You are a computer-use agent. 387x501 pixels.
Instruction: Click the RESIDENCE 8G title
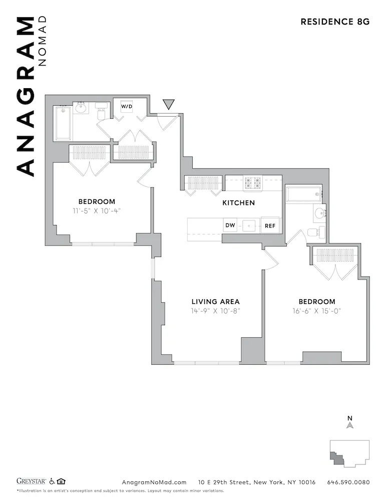point(334,22)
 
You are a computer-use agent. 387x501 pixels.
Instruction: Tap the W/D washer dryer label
point(126,106)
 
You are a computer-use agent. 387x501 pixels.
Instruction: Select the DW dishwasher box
point(230,225)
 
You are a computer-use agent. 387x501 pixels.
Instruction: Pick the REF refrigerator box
point(270,226)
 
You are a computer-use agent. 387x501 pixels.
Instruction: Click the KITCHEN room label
point(238,203)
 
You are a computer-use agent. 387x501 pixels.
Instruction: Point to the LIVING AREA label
point(215,302)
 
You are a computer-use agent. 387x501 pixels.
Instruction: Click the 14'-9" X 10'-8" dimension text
point(215,311)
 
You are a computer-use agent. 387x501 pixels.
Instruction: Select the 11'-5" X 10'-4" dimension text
point(97,210)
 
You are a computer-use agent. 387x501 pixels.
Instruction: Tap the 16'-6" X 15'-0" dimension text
point(316,311)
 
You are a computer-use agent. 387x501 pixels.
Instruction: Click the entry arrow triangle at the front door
point(169,104)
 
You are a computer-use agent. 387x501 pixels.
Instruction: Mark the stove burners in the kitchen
point(252,184)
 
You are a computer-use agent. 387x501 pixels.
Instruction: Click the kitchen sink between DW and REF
point(249,226)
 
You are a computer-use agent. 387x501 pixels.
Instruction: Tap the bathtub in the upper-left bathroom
point(63,123)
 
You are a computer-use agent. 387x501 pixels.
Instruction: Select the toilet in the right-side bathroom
point(313,232)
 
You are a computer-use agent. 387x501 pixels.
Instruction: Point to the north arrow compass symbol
point(350,425)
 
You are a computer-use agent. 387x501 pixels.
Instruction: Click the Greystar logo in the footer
point(32,482)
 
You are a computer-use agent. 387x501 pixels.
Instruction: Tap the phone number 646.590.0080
point(348,482)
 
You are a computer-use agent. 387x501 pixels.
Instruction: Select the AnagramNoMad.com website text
point(154,482)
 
